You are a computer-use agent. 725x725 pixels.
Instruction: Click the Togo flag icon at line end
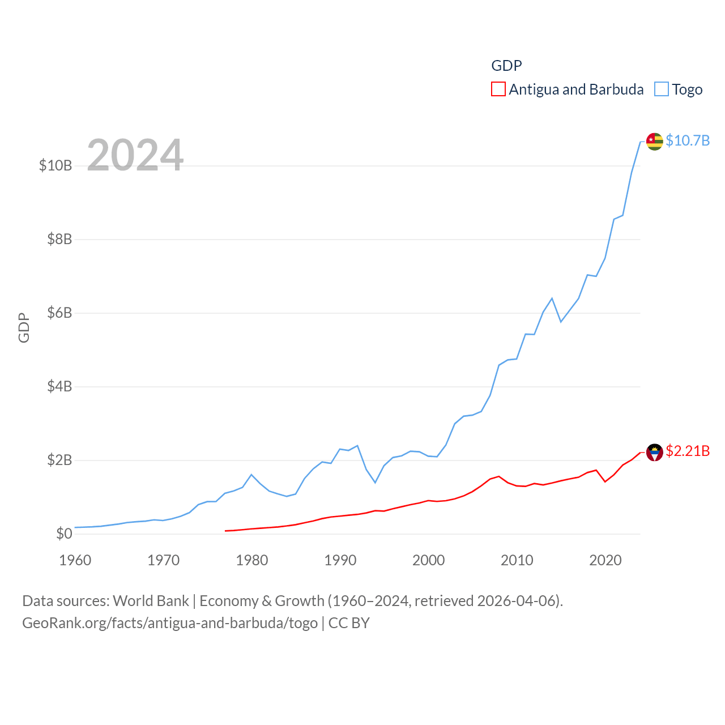(x=655, y=141)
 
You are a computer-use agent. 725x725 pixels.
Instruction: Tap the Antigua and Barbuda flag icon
(x=655, y=452)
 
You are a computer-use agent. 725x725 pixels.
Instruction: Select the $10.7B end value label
(x=688, y=140)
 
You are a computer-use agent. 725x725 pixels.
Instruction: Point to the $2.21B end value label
(x=688, y=451)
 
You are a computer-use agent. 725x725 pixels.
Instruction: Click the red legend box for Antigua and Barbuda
(x=498, y=89)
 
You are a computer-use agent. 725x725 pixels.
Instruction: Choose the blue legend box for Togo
(x=661, y=89)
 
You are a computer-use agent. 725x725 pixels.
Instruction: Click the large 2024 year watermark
(x=135, y=155)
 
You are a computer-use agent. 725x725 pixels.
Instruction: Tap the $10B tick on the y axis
(x=56, y=165)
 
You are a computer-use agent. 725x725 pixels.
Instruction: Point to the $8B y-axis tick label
(x=59, y=239)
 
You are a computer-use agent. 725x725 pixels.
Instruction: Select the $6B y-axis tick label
(x=59, y=313)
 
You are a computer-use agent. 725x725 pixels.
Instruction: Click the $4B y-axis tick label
(x=59, y=386)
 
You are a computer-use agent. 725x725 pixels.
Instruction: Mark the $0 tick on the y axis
(x=64, y=534)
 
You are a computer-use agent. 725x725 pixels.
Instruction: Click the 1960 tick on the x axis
(x=75, y=560)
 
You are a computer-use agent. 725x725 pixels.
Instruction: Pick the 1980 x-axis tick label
(x=252, y=560)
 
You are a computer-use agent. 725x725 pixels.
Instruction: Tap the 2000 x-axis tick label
(x=429, y=560)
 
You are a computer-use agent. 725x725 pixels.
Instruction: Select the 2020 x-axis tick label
(x=605, y=560)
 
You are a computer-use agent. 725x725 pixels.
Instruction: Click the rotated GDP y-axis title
(x=24, y=327)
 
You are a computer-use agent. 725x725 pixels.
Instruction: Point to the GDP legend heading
(x=506, y=66)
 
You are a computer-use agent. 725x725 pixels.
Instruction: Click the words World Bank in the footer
(x=151, y=600)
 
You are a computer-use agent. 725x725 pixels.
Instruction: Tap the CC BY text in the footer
(x=349, y=623)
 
